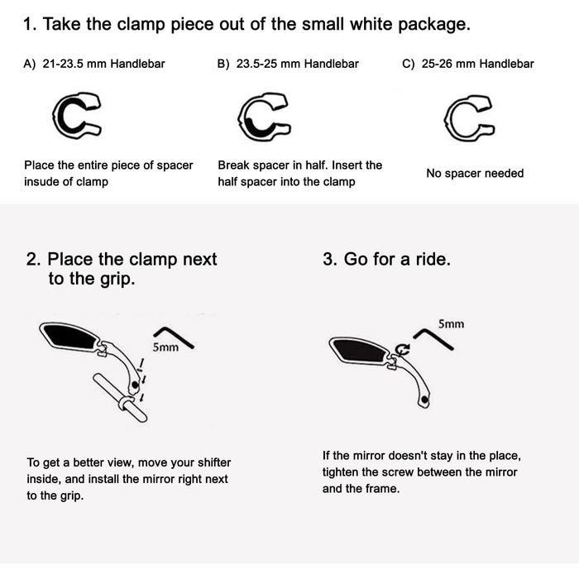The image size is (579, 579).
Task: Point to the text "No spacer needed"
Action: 475,173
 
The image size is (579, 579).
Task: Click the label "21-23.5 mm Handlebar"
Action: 103,64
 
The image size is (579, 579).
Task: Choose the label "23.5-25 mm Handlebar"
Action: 298,64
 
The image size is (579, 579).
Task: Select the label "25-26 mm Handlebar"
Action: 478,64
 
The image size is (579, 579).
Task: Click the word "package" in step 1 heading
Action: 434,24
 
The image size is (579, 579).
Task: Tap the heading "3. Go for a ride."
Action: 386,259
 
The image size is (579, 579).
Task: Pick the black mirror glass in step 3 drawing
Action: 360,350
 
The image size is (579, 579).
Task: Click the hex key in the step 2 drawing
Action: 174,337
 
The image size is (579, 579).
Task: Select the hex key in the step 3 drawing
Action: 433,338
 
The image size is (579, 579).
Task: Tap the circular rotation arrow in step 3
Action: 403,349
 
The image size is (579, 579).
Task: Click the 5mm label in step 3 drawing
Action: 451,324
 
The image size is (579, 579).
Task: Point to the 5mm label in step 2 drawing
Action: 165,347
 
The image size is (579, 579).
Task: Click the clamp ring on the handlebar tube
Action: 126,404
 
